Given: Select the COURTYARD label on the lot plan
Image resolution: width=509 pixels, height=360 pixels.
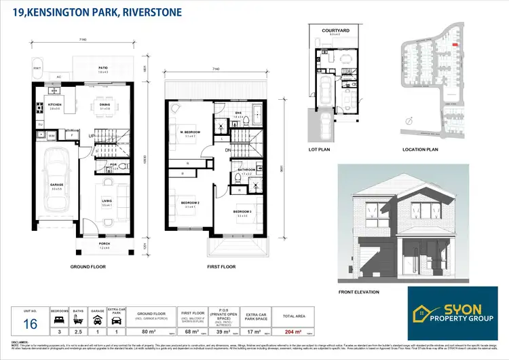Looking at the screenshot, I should [x=335, y=29].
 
